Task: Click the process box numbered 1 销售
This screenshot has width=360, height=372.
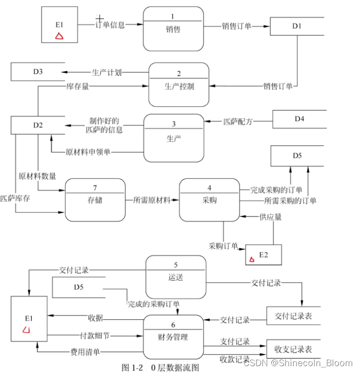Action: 173,26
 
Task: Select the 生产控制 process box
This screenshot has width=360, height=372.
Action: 179,84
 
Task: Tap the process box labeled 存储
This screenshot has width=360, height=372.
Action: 95,199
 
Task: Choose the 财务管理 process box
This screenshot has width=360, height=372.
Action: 173,336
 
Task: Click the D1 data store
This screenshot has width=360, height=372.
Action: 297,26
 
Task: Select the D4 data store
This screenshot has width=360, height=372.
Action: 299,118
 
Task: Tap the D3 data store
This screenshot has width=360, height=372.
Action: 38,72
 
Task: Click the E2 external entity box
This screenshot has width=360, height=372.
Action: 263,255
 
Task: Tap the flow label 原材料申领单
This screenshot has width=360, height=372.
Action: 88,152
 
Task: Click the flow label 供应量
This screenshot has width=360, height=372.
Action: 271,217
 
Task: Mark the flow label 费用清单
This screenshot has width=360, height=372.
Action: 87,351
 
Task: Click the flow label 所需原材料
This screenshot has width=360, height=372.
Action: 152,199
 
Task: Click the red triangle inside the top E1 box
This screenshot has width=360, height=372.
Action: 59,36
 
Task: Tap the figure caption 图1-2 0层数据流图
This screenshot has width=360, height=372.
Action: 160,367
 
